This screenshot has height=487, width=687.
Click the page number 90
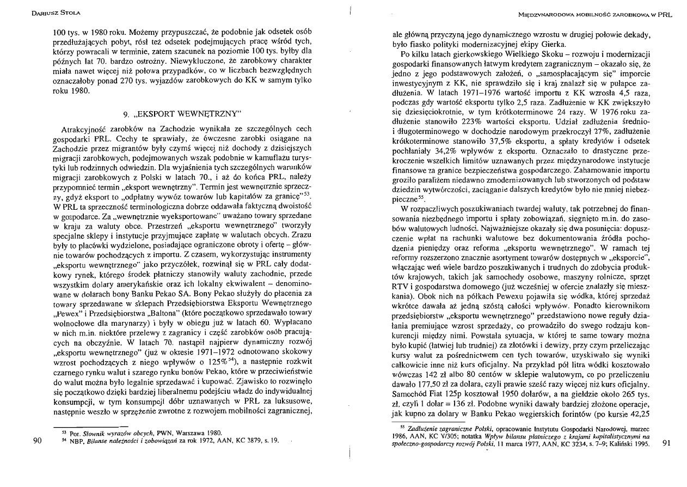(x=38, y=441)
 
